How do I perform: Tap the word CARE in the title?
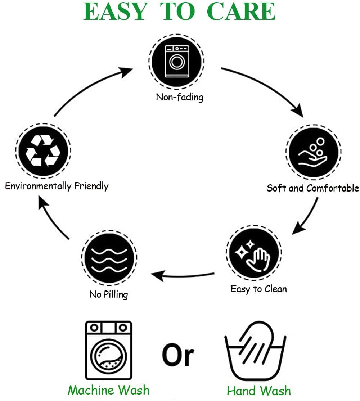(242, 12)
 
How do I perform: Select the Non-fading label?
(179, 97)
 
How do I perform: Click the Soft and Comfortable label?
(312, 188)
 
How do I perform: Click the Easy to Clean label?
(258, 289)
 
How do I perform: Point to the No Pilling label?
(108, 294)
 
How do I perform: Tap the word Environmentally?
(38, 186)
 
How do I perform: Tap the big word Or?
(178, 354)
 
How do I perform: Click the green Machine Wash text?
(108, 390)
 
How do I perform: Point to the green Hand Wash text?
(258, 391)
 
